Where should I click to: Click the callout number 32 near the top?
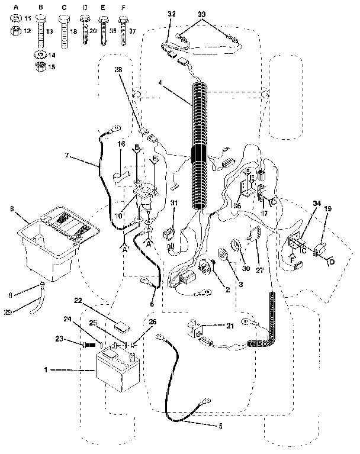[172, 12]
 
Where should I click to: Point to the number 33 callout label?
[202, 12]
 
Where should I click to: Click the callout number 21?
[231, 326]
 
